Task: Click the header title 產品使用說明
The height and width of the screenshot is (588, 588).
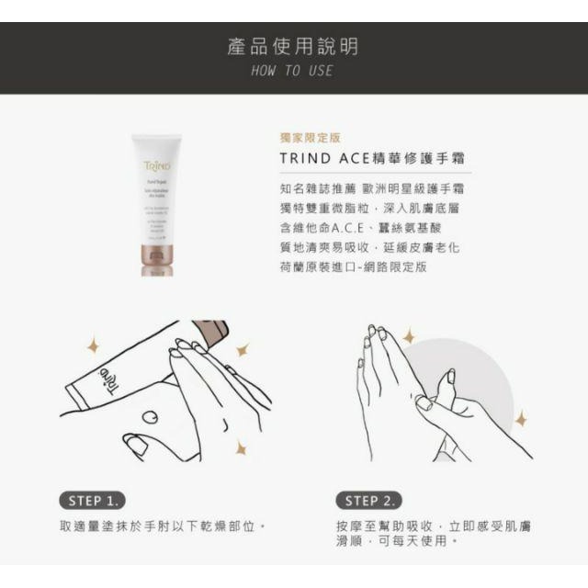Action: [x=293, y=46]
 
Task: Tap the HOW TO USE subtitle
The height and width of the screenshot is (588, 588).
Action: [x=293, y=71]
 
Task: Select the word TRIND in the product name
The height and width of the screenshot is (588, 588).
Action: [x=305, y=157]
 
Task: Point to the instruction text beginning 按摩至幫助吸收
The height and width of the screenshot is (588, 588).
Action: [x=433, y=533]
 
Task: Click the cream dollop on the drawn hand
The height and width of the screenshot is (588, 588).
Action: [x=151, y=415]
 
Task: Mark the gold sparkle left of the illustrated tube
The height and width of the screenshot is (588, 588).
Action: [x=92, y=345]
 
